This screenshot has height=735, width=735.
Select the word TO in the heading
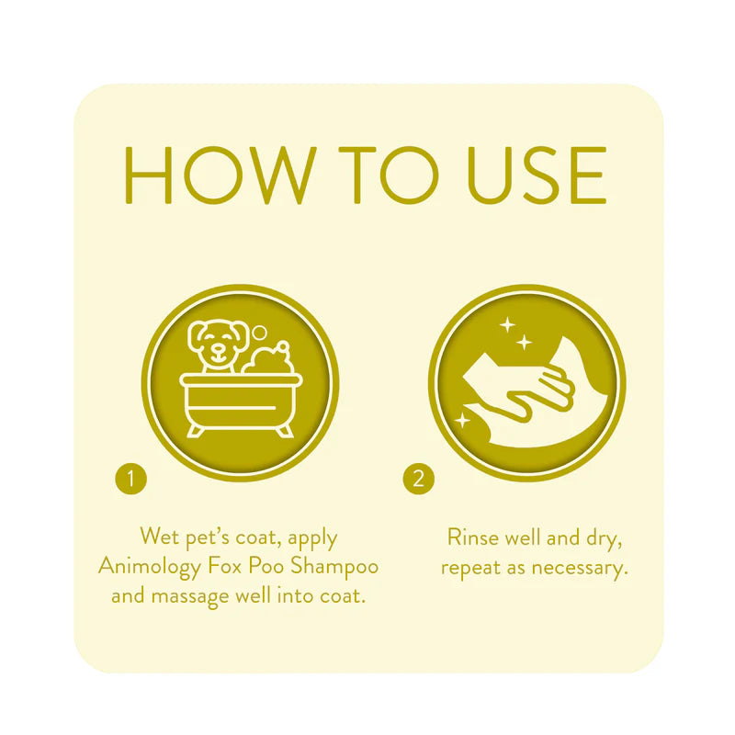pyautogui.click(x=368, y=174)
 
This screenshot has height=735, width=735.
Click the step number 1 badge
pyautogui.click(x=131, y=479)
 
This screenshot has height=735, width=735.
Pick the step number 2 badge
pyautogui.click(x=418, y=479)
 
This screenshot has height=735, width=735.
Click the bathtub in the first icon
pyautogui.click(x=242, y=400)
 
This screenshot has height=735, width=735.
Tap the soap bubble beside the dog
pyautogui.click(x=260, y=333)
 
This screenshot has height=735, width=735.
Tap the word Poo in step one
pyautogui.click(x=269, y=565)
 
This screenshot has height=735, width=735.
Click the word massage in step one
pyautogui.click(x=193, y=595)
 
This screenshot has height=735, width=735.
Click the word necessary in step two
pyautogui.click(x=580, y=567)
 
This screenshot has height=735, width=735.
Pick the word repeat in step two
pyautogui.click(x=469, y=567)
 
